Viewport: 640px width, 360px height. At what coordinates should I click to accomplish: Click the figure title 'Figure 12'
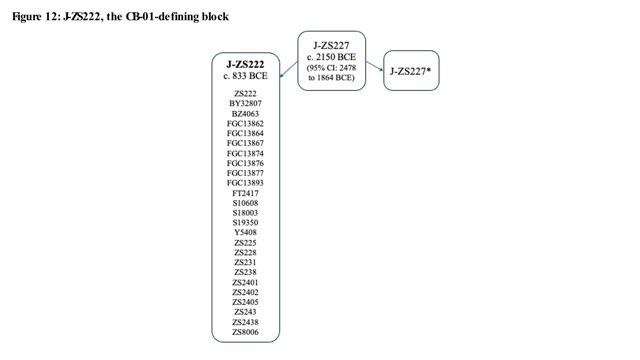coord(36,17)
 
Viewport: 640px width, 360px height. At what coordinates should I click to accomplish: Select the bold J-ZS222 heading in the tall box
coord(245,64)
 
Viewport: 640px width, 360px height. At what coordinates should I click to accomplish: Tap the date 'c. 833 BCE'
coord(245,76)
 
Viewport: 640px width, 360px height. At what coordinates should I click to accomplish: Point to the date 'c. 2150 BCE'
coord(331,57)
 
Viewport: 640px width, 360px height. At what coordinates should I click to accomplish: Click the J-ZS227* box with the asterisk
coord(411,71)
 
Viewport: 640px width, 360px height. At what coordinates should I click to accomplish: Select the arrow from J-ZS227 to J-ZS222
coord(289,69)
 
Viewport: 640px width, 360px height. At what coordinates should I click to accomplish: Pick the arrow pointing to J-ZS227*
coord(375,66)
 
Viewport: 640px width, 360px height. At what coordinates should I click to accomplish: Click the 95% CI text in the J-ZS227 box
coord(331,73)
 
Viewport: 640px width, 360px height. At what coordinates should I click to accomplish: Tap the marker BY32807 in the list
coord(245,104)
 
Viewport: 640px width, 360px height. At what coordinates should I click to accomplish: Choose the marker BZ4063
coord(245,113)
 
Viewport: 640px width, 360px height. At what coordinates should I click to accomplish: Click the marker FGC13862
coord(245,123)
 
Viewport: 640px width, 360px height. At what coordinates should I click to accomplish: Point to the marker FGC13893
coord(245,183)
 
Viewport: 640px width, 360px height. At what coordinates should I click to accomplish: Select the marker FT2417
coord(245,193)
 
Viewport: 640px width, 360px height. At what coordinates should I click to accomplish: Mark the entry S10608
coord(245,203)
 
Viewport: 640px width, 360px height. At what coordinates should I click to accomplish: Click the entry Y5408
coord(245,233)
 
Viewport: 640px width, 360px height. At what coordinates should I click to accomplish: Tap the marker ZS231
coord(245,262)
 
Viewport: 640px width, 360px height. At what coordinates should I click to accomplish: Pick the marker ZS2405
coord(245,302)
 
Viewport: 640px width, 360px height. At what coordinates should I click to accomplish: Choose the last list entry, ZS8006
coord(245,332)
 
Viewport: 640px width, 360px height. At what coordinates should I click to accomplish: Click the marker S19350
coord(245,222)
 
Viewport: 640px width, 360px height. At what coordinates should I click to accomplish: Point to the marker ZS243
coord(245,312)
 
